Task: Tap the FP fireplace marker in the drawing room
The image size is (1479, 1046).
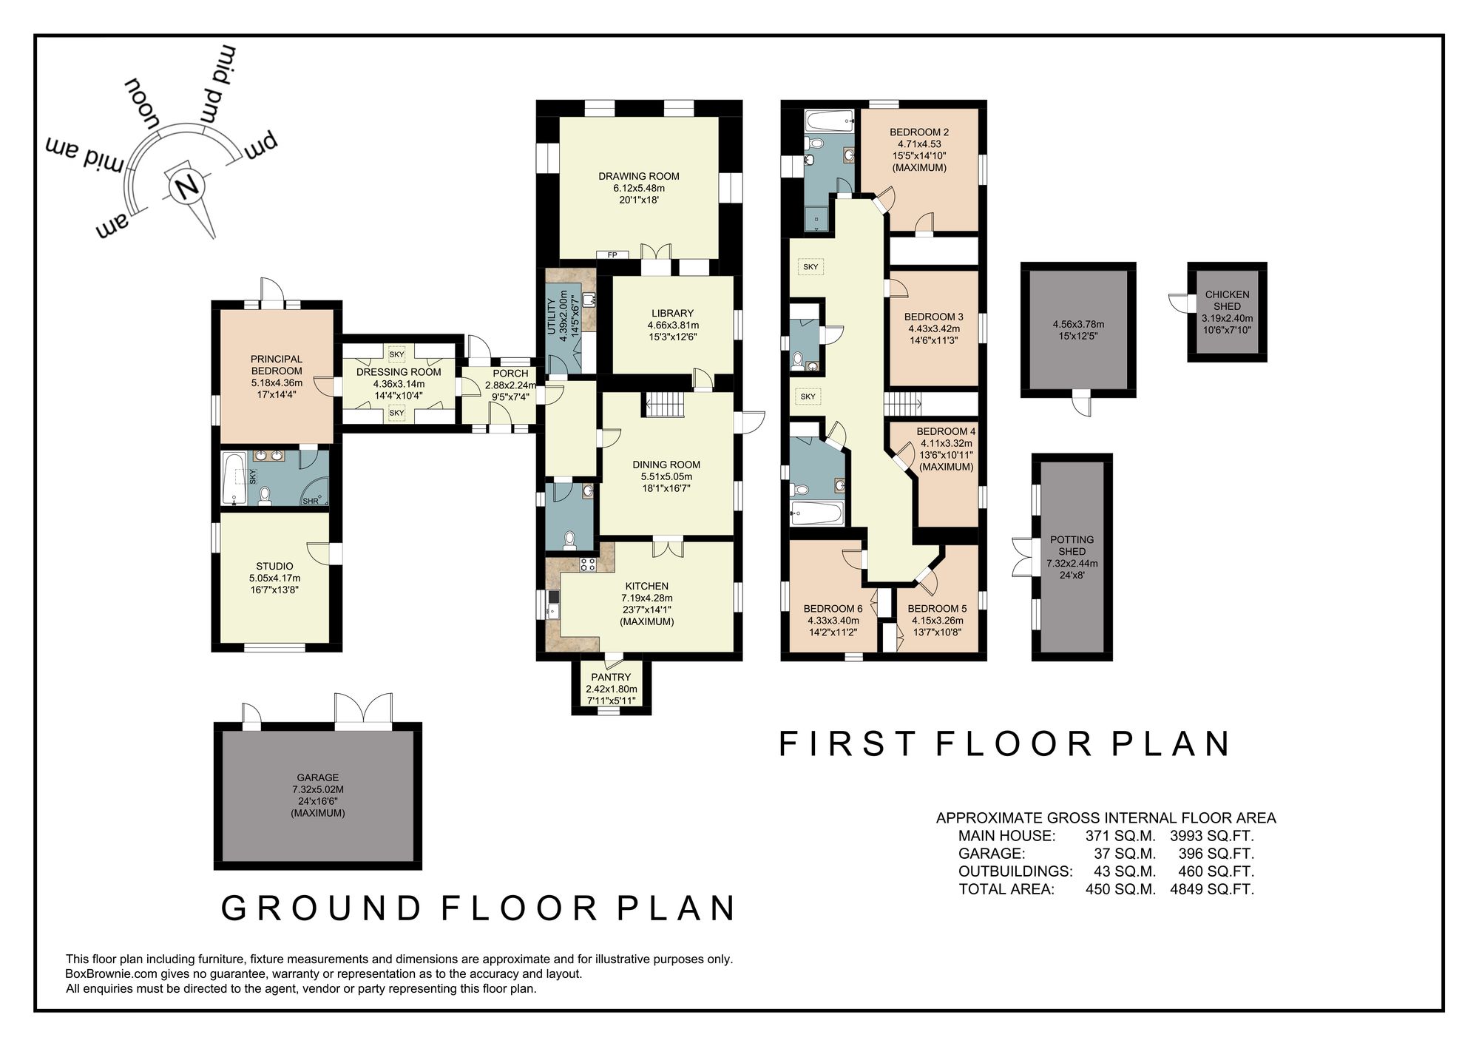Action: [x=612, y=255]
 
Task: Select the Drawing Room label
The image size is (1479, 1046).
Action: [x=638, y=176]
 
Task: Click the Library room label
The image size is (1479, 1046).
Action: [x=672, y=313]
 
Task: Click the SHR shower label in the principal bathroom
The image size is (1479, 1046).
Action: [x=310, y=502]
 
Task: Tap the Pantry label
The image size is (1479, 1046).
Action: [x=611, y=677]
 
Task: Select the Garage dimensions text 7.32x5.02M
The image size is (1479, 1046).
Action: [x=318, y=789]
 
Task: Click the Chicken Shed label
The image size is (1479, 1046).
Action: [x=1227, y=300]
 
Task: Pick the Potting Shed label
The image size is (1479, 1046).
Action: [x=1072, y=545]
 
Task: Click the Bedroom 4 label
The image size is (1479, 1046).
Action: [x=946, y=431]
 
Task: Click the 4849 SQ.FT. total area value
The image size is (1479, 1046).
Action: [x=1211, y=889]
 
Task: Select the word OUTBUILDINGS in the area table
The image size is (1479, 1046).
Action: [x=1015, y=871]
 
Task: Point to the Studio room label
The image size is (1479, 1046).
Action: [x=274, y=566]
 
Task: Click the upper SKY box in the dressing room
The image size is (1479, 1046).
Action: [x=396, y=354]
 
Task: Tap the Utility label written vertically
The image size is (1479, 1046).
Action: [x=551, y=317]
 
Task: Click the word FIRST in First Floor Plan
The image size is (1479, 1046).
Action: [x=847, y=744]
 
